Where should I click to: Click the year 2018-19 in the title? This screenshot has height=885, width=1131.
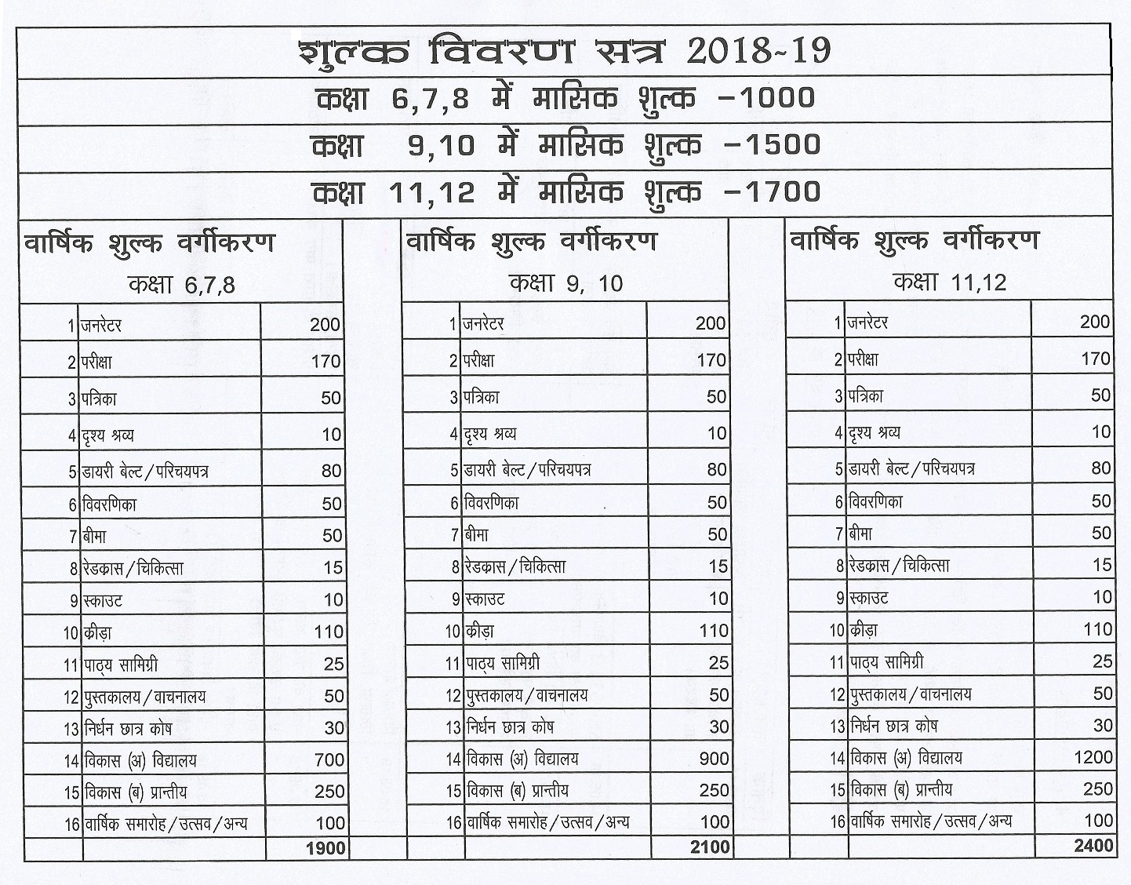click(758, 51)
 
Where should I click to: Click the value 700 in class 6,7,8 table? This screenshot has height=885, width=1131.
click(329, 759)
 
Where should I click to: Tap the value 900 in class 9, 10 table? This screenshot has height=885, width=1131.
click(714, 759)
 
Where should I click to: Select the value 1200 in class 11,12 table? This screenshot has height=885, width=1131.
click(1093, 757)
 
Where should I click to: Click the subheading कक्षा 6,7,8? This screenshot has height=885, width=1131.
click(181, 284)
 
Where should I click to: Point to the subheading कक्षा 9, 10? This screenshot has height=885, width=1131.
click(565, 282)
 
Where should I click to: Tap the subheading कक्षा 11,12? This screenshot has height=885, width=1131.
click(949, 281)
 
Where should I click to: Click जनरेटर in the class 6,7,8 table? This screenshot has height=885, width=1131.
click(102, 325)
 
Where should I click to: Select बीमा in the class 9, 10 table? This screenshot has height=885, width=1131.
click(477, 535)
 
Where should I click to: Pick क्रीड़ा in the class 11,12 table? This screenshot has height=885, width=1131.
click(863, 630)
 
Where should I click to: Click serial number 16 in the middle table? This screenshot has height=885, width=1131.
click(453, 823)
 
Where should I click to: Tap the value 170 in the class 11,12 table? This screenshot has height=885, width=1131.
click(1096, 359)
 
